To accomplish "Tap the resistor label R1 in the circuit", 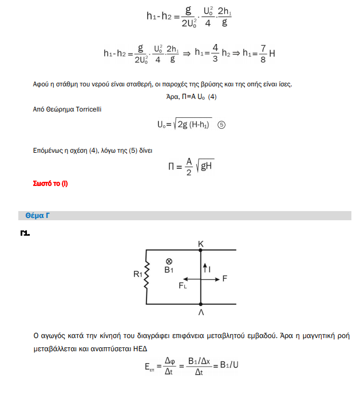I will pyautogui.click(x=137, y=275).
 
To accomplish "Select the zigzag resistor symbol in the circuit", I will pyautogui.click(x=147, y=276).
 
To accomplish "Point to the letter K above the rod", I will pyautogui.click(x=201, y=244).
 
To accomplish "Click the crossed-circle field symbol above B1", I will pyautogui.click(x=169, y=261).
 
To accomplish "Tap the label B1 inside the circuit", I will pyautogui.click(x=169, y=270).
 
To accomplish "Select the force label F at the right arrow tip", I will pyautogui.click(x=225, y=279).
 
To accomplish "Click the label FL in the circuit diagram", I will pyautogui.click(x=183, y=285).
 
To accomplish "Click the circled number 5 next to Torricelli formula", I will pyautogui.click(x=221, y=126).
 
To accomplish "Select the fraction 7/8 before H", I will pyautogui.click(x=263, y=53).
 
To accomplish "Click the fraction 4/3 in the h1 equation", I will pyautogui.click(x=215, y=53).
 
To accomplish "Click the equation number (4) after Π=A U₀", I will pyautogui.click(x=212, y=97).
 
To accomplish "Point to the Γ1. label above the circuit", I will pyautogui.click(x=24, y=233).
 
